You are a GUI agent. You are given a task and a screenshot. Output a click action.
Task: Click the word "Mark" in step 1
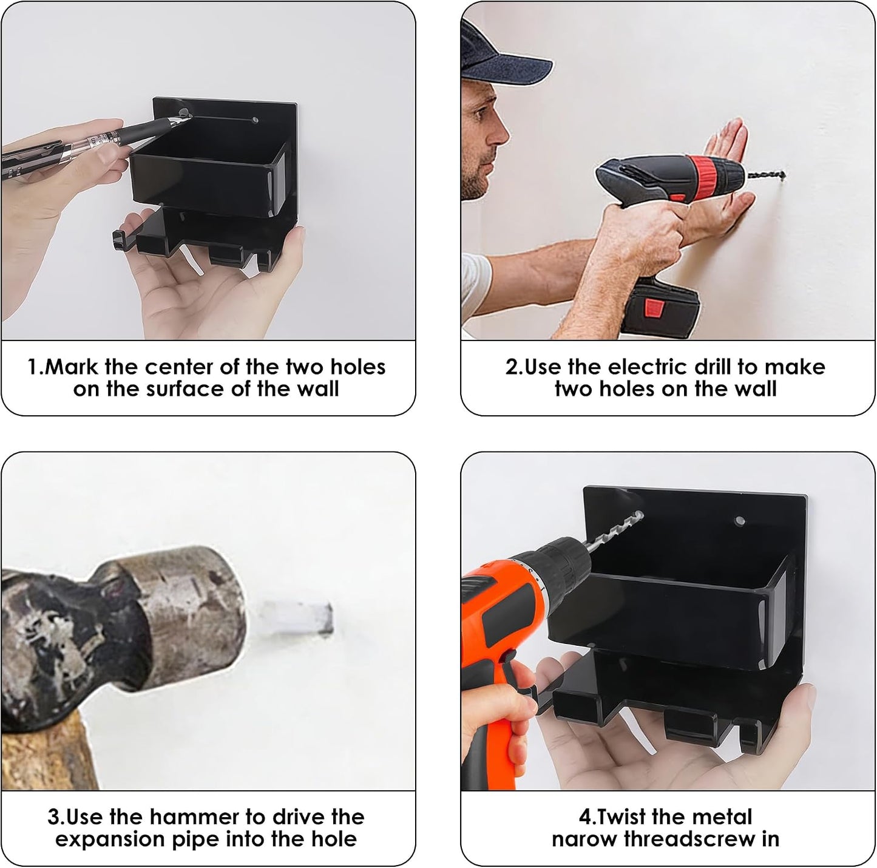point(72,367)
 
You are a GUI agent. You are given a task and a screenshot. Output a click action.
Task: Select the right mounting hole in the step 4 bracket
point(740,520)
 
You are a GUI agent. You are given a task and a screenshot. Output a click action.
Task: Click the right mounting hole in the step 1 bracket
point(256,121)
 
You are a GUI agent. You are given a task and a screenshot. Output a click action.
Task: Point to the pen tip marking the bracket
point(186,117)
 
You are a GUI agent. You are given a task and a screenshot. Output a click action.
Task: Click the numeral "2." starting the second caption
point(514,367)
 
